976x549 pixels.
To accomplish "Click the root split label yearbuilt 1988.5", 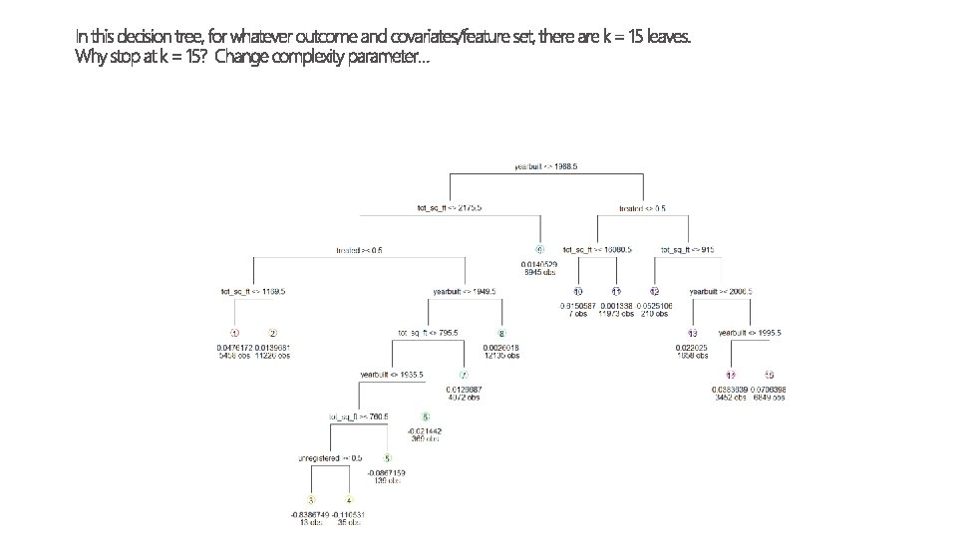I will point(545,166).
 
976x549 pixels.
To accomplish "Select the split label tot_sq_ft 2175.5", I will point(450,208).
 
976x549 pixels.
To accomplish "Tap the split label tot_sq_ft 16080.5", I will point(598,249).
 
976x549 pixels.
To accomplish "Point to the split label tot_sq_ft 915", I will point(688,249).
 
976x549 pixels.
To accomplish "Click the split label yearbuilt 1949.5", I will point(465,291).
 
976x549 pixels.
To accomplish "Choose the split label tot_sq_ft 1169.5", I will point(253,291).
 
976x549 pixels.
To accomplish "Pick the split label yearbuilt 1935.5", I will point(393,375).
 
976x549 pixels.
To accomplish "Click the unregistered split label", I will point(329,458).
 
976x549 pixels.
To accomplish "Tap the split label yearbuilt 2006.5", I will point(721,291).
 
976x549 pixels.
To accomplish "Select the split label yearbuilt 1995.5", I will point(751,333).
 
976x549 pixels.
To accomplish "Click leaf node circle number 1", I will point(234,333).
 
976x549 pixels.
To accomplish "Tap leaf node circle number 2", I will point(272,333).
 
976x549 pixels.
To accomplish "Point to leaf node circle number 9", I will point(539,249).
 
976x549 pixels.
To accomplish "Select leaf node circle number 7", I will point(463,375).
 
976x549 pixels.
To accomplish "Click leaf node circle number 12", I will point(655,291).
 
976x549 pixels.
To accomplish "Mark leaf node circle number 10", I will point(578,291).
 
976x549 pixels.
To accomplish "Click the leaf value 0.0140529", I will point(539,264).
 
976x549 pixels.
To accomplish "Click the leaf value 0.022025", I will point(692,348).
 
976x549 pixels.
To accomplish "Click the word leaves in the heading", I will point(665,36).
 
